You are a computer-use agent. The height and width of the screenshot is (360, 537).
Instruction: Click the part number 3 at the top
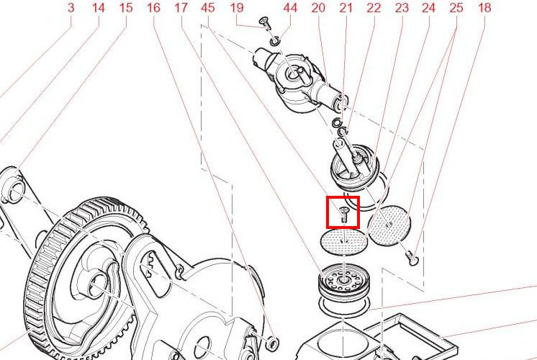click(71, 7)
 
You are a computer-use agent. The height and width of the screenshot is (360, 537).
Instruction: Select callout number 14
click(99, 7)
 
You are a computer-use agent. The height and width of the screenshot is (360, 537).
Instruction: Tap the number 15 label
click(126, 7)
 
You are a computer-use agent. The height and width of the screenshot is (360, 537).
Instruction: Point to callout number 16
click(153, 7)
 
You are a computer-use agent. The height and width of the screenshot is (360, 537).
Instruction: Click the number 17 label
click(181, 7)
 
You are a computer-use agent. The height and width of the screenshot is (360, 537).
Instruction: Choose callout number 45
click(208, 7)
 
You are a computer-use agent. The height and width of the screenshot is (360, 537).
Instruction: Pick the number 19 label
click(237, 7)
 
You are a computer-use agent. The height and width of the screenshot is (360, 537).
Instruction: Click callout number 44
click(290, 7)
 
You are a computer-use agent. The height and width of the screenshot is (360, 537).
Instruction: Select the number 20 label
click(318, 7)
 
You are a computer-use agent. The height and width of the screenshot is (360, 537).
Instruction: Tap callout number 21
click(346, 7)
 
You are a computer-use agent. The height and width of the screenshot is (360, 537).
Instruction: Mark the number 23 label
click(402, 7)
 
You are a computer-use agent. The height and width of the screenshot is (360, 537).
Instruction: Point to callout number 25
click(456, 7)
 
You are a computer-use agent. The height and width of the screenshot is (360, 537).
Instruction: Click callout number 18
click(484, 7)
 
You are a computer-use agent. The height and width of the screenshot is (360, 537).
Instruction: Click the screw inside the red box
click(343, 215)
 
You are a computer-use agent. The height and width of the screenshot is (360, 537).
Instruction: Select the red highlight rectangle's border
click(327, 212)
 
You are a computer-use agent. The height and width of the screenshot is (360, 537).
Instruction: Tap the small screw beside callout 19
click(265, 23)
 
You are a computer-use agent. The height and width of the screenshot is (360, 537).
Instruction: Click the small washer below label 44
click(275, 42)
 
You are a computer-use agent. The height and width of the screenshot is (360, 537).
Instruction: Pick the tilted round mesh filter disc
click(389, 225)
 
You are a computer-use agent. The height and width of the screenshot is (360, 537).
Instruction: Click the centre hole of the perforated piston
click(343, 281)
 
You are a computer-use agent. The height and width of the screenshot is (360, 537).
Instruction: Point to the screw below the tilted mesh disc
click(411, 258)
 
